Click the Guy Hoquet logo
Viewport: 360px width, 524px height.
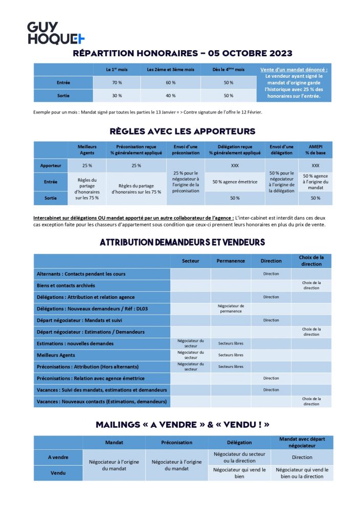(x=56, y=33)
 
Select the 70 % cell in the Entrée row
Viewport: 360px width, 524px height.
(x=117, y=82)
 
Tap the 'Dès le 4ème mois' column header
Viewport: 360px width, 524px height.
(x=229, y=70)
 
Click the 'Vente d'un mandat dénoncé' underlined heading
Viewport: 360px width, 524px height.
(x=294, y=70)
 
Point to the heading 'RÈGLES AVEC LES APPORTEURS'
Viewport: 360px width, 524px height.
(x=183, y=131)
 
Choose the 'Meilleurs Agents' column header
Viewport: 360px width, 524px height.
(x=87, y=149)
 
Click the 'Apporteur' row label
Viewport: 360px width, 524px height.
(x=51, y=166)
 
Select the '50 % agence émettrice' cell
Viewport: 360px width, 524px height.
(x=235, y=182)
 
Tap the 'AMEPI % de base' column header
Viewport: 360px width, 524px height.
(x=315, y=149)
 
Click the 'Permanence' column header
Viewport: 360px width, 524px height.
(x=231, y=261)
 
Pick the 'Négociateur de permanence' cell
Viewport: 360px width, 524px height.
(x=231, y=309)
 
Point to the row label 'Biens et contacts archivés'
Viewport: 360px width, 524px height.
(x=65, y=285)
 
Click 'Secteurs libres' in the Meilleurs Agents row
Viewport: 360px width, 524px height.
(x=231, y=355)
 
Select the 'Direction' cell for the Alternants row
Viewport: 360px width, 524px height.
(x=271, y=274)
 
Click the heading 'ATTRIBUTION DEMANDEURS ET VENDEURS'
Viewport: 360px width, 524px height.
(x=182, y=242)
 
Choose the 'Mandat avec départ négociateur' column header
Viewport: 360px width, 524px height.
(x=302, y=442)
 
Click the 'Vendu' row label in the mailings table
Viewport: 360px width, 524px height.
(x=58, y=473)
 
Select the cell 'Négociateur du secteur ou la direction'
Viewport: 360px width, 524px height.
(x=239, y=457)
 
